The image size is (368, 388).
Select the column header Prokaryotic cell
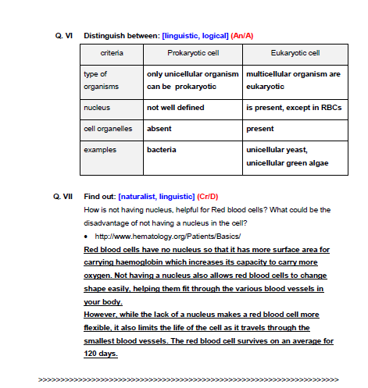pos(191,54)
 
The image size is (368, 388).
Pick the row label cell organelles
pos(109,128)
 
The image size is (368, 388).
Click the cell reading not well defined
pos(175,107)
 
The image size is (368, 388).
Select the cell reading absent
pos(159,128)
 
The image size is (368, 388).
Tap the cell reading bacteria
pos(162,149)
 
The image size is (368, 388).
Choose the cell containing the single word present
pos(260,128)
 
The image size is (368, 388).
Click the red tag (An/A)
pos(243,36)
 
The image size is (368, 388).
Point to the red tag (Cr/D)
pos(208,198)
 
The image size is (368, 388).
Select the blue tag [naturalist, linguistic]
pos(155,198)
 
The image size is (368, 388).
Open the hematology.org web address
pos(167,236)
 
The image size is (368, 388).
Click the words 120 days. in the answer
pos(100,354)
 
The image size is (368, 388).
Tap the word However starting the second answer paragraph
pos(102,315)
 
